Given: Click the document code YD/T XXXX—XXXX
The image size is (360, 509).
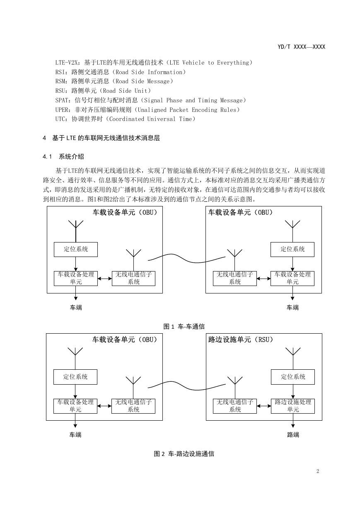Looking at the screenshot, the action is (x=301, y=47).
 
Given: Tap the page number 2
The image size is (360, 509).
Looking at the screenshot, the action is (x=318, y=471).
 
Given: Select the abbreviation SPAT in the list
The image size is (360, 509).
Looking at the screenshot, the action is (x=62, y=100).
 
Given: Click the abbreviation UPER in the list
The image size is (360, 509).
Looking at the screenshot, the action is (x=62, y=110).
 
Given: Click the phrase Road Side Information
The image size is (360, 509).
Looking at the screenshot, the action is (x=149, y=72).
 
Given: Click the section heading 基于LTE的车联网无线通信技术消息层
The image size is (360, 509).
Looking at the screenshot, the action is (x=106, y=138).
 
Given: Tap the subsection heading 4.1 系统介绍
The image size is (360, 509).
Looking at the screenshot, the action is (x=63, y=157).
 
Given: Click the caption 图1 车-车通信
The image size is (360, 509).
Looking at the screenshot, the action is (x=184, y=327).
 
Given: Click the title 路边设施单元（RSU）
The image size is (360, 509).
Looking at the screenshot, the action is (x=241, y=340).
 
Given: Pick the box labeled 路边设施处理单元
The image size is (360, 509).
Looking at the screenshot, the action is (x=293, y=406).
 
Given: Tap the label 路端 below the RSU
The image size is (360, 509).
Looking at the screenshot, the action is (x=293, y=435).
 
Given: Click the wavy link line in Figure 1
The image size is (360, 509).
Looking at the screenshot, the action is (x=187, y=258).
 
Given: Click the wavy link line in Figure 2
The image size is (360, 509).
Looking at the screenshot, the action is (x=187, y=386).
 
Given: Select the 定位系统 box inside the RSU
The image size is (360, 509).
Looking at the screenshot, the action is (x=293, y=377).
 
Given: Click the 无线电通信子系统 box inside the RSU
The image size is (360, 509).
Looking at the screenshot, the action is (x=235, y=406).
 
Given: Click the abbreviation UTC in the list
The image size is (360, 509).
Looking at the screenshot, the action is (x=60, y=119).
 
